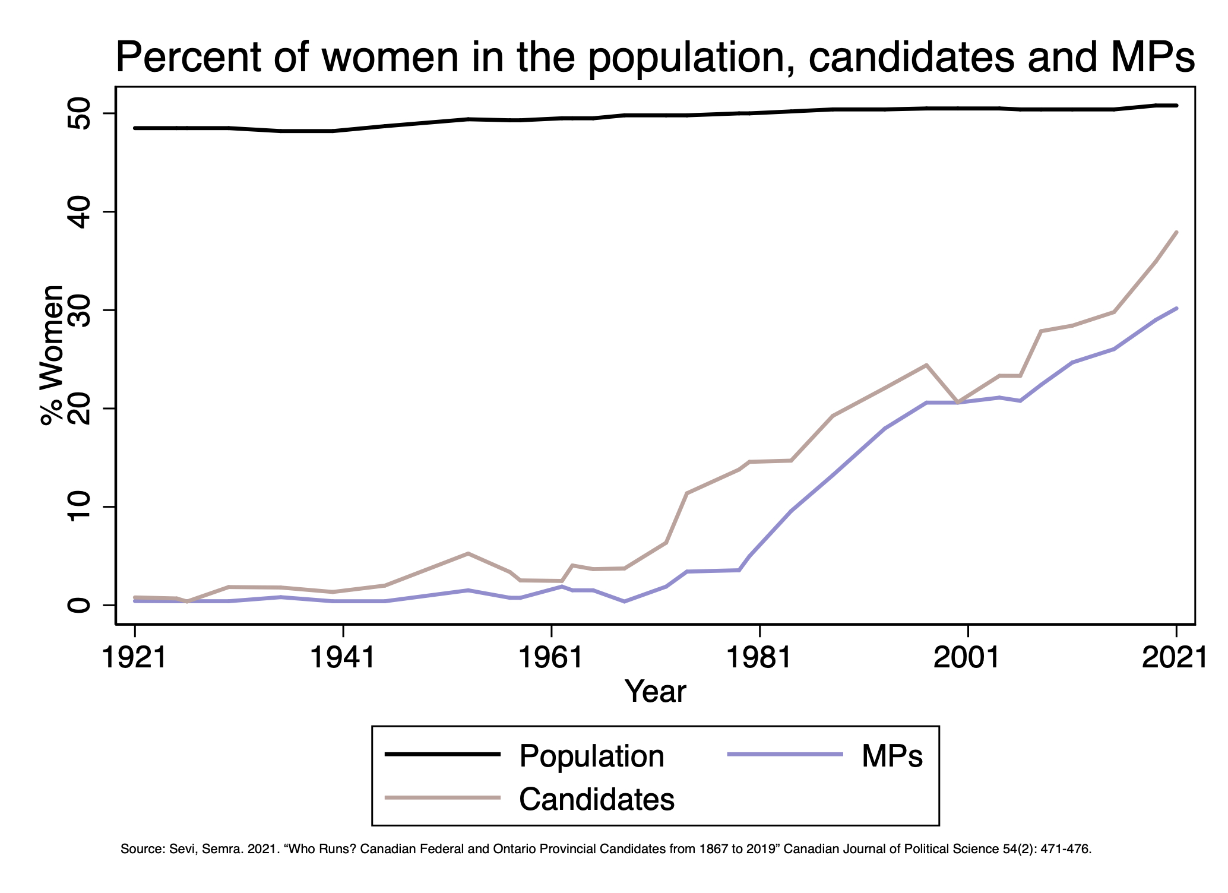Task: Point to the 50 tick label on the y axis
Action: click(80, 113)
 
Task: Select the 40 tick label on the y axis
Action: click(80, 212)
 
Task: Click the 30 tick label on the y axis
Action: click(80, 310)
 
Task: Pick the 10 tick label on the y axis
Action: click(80, 506)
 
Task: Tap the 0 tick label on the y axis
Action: click(80, 605)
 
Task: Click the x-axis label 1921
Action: click(135, 658)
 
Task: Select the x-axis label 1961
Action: click(552, 658)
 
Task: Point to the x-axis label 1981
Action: click(759, 658)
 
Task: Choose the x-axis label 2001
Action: click(968, 658)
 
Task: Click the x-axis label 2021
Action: click(1175, 658)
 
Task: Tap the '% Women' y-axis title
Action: click(52, 355)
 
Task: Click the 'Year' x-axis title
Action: click(655, 692)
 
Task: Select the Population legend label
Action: click(591, 756)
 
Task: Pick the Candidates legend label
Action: click(597, 799)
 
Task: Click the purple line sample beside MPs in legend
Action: click(784, 754)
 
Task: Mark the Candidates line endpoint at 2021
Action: click(1176, 233)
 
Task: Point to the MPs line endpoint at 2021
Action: click(1176, 308)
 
